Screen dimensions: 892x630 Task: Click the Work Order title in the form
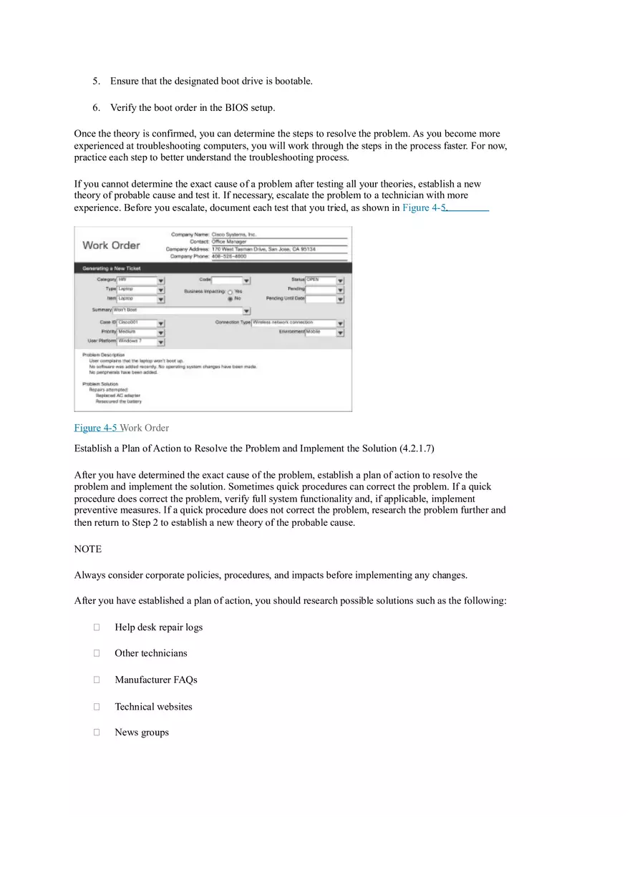(111, 245)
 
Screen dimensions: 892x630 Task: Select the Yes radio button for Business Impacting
(230, 292)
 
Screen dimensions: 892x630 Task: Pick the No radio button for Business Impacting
(230, 299)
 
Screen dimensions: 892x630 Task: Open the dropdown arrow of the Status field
(340, 281)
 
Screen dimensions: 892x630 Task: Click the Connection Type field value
(294, 323)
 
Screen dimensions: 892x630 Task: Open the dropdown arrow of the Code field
(246, 281)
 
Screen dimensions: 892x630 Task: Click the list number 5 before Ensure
(95, 81)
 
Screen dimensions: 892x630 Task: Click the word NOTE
(88, 549)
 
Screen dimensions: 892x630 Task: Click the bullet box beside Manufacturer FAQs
(96, 680)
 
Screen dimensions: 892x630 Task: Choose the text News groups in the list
(142, 732)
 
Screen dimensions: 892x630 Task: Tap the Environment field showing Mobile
(320, 333)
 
